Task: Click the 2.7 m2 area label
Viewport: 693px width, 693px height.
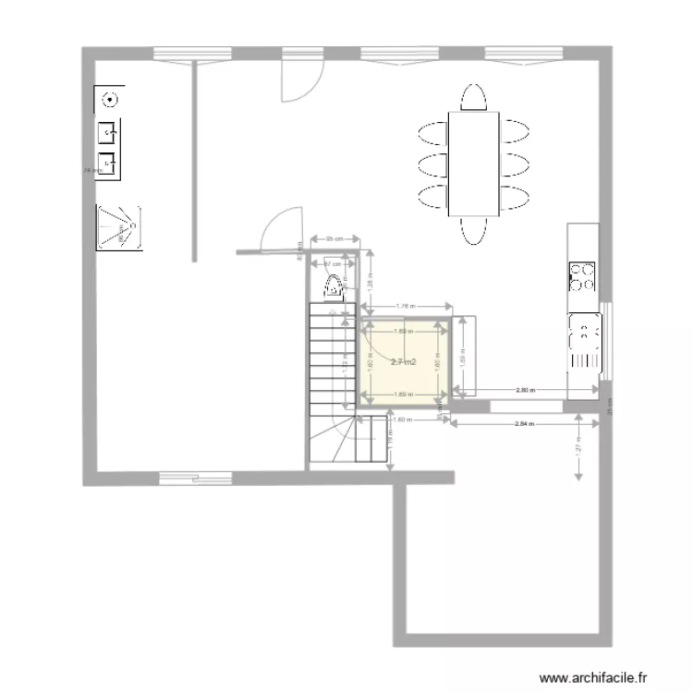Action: (x=403, y=362)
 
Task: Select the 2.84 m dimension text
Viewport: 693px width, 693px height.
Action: (x=523, y=424)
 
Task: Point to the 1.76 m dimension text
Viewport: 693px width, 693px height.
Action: (x=404, y=306)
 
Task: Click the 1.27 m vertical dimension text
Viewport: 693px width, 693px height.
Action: (x=578, y=447)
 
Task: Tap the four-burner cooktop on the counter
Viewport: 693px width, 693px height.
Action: (x=582, y=275)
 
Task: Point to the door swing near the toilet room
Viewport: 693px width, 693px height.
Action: (x=281, y=231)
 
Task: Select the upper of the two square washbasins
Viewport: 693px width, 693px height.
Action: (x=109, y=132)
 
